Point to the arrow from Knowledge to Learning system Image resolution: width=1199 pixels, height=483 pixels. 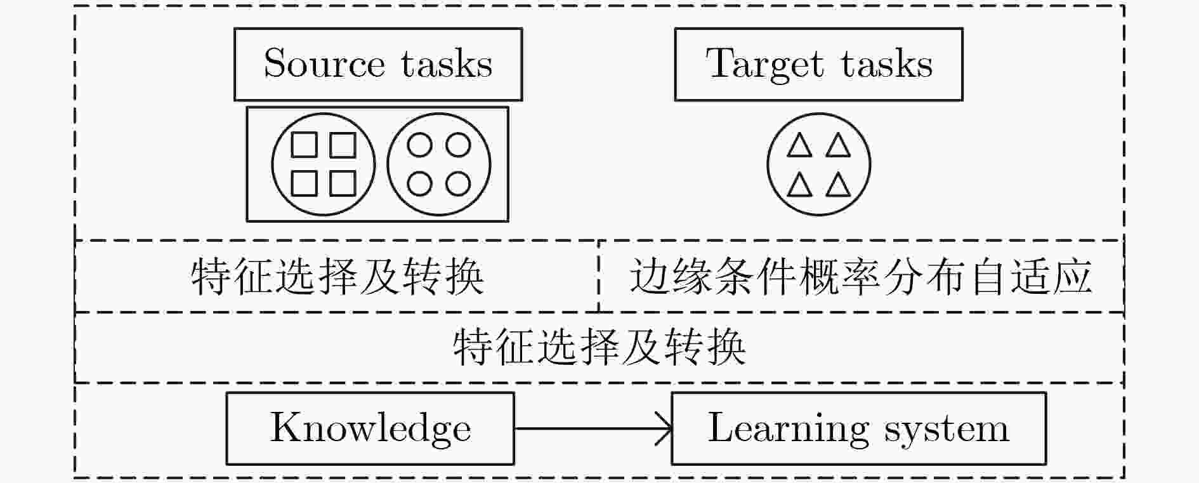click(593, 428)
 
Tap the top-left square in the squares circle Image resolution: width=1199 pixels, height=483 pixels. click(304, 145)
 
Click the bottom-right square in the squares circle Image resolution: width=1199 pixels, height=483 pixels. click(343, 183)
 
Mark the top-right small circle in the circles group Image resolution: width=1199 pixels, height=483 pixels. click(458, 145)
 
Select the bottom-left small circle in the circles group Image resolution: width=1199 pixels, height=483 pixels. click(419, 184)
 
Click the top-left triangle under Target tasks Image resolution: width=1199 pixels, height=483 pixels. click(799, 145)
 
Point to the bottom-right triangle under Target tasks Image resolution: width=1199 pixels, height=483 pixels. click(838, 185)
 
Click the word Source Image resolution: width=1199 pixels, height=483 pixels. click(324, 64)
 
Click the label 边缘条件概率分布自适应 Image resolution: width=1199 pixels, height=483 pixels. click(861, 277)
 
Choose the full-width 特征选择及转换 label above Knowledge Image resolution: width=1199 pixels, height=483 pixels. click(599, 347)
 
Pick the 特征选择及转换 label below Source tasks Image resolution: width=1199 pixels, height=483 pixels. click(337, 277)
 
